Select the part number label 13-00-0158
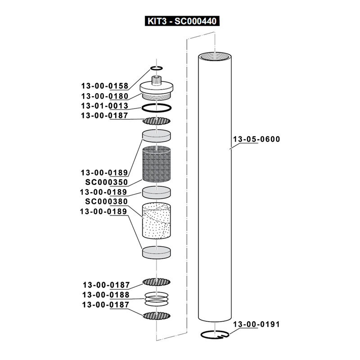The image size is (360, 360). (104, 86)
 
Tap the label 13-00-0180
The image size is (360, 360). (104, 96)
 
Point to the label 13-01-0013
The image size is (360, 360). (104, 106)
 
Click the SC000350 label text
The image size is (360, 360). (107, 182)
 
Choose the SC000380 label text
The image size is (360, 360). (107, 202)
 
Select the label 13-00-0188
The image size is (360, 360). (106, 295)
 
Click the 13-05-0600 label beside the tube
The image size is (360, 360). (256, 139)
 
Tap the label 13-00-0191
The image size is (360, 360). (256, 324)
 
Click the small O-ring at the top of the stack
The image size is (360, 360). (156, 68)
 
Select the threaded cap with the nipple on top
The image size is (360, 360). (157, 90)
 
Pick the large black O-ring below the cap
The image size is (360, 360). (157, 108)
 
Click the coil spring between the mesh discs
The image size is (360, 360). (157, 298)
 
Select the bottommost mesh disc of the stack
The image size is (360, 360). (157, 315)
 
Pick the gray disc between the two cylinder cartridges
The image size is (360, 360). (157, 192)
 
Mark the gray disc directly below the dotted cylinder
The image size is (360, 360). (157, 252)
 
